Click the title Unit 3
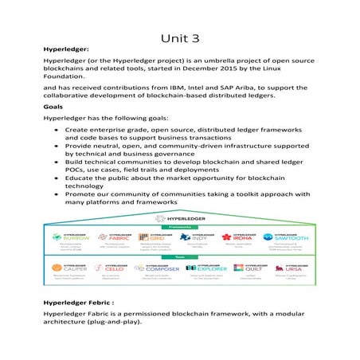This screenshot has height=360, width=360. click(179, 37)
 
